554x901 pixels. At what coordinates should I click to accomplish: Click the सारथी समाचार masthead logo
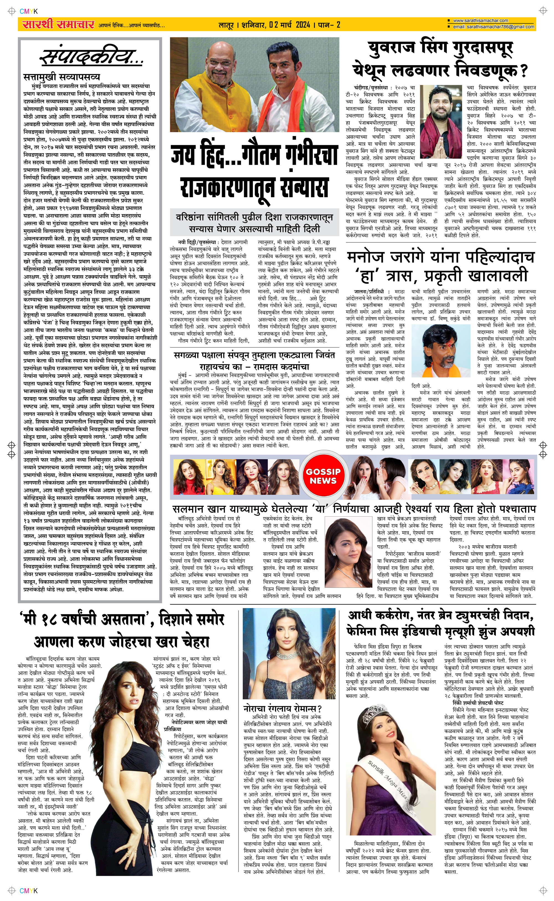coord(58,25)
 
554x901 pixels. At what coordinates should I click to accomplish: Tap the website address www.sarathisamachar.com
coord(480,20)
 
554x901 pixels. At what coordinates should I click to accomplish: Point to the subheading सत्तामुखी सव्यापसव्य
coord(61,77)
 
